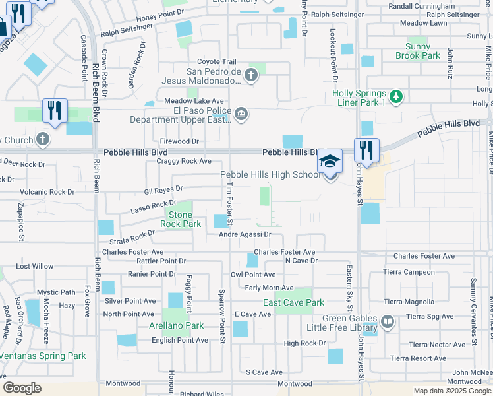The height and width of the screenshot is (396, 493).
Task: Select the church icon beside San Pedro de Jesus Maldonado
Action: pos(250,75)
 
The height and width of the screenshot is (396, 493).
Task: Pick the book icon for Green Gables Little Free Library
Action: pos(387,321)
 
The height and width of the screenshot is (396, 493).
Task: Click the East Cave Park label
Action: pos(293,302)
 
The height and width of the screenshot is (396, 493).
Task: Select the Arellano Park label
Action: pos(181,325)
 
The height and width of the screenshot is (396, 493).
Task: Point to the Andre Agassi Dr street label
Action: pos(246,234)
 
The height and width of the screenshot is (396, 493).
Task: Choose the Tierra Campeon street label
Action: pos(411,272)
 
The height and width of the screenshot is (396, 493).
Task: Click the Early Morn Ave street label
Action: pos(269,288)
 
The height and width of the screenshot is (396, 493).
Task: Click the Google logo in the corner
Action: pos(22,388)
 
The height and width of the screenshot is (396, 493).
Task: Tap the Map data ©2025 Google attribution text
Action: pos(452,391)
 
